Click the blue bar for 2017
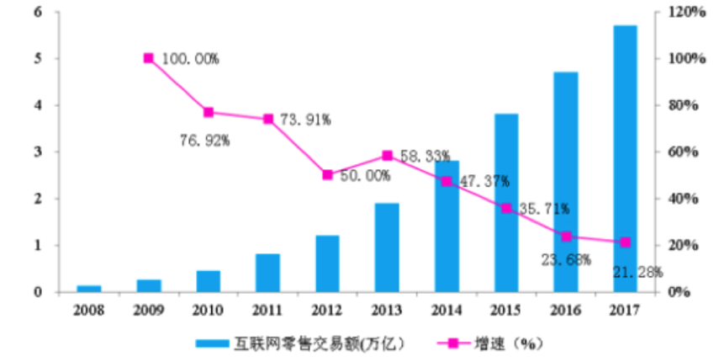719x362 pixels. (x=625, y=160)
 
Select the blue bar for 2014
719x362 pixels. (x=447, y=226)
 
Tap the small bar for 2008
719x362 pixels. (x=89, y=289)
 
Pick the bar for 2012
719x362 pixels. (x=328, y=264)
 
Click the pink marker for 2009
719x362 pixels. (x=149, y=58)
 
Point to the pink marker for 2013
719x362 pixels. (x=387, y=156)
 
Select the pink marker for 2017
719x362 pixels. (x=625, y=242)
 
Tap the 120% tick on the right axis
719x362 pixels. (x=686, y=12)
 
